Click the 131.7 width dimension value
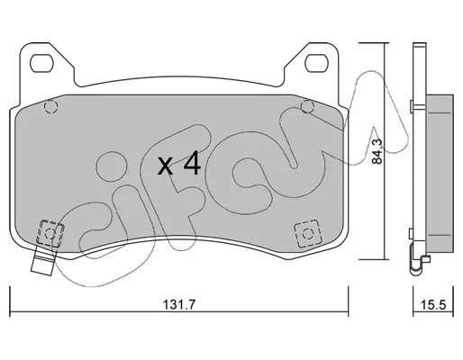pos(179,305)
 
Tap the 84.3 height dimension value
pos(377,151)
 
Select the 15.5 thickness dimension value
pos(433,305)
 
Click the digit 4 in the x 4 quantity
pos(192,163)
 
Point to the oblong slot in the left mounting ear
pos(41,63)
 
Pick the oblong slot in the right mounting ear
pos(316,63)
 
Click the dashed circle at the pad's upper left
pos(50,106)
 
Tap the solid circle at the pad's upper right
pos(307,106)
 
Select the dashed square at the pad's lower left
pos(50,233)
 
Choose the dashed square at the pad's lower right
pos(307,233)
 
